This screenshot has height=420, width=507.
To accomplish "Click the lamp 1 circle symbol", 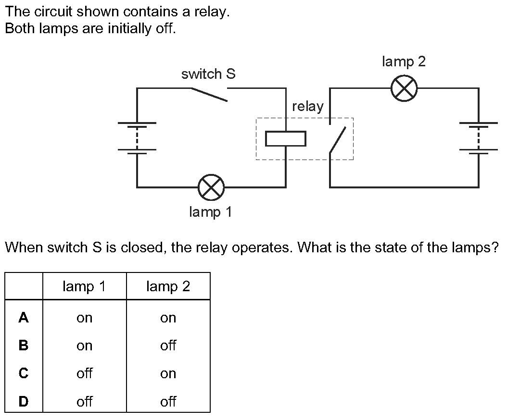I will [211, 187].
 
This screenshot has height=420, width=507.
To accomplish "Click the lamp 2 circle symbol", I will [404, 89].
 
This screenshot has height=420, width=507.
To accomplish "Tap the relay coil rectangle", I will [286, 139].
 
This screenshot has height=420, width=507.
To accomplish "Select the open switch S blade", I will [209, 95].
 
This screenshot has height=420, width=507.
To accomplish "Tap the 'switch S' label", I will [208, 74].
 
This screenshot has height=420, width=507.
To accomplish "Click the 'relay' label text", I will [308, 107].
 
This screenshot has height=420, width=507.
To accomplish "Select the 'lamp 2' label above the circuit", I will [404, 62].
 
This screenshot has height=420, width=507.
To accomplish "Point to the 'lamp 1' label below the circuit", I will [211, 212].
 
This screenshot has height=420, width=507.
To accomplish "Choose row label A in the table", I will [23, 318].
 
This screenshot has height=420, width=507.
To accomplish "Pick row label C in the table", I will [23, 373].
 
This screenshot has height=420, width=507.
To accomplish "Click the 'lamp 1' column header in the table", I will [84, 287].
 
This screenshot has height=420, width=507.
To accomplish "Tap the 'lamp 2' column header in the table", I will [168, 287].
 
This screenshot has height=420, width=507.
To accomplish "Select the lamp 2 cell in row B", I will [168, 346].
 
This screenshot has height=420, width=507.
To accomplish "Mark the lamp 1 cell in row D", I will [84, 401].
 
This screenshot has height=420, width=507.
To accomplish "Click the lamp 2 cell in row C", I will [168, 373].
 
